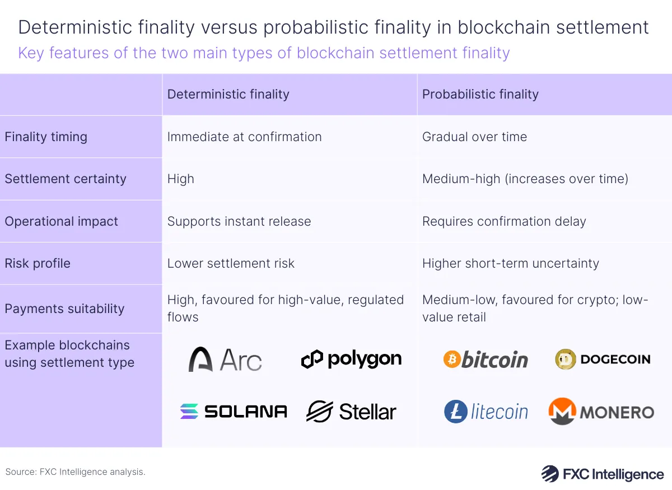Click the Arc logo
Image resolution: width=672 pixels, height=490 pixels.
(225, 360)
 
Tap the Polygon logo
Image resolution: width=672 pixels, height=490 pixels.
(351, 360)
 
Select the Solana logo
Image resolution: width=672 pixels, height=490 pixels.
(233, 412)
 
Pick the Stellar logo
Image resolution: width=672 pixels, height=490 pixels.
(351, 412)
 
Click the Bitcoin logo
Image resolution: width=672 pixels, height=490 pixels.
(486, 360)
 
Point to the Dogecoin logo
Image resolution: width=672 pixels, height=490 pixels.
(603, 360)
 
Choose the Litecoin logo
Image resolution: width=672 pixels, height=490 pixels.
(486, 412)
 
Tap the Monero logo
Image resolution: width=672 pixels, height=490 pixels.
(601, 412)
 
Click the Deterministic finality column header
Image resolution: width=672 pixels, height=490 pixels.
(228, 94)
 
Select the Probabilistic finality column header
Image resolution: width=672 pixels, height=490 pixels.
(480, 94)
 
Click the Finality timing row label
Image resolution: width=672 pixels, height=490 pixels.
(46, 137)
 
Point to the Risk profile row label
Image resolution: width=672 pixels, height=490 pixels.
(38, 263)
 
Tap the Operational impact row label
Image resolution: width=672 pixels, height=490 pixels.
(62, 221)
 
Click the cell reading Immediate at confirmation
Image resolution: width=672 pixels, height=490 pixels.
(244, 137)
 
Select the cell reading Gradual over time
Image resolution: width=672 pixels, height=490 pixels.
(474, 137)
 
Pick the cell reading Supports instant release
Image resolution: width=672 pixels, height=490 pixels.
(239, 221)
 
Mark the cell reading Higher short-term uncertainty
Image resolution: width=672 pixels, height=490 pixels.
(510, 263)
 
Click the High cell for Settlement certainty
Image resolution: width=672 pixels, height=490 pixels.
(181, 179)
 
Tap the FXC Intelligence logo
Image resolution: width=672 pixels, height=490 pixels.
(602, 474)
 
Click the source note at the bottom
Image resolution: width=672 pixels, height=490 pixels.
(75, 472)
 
